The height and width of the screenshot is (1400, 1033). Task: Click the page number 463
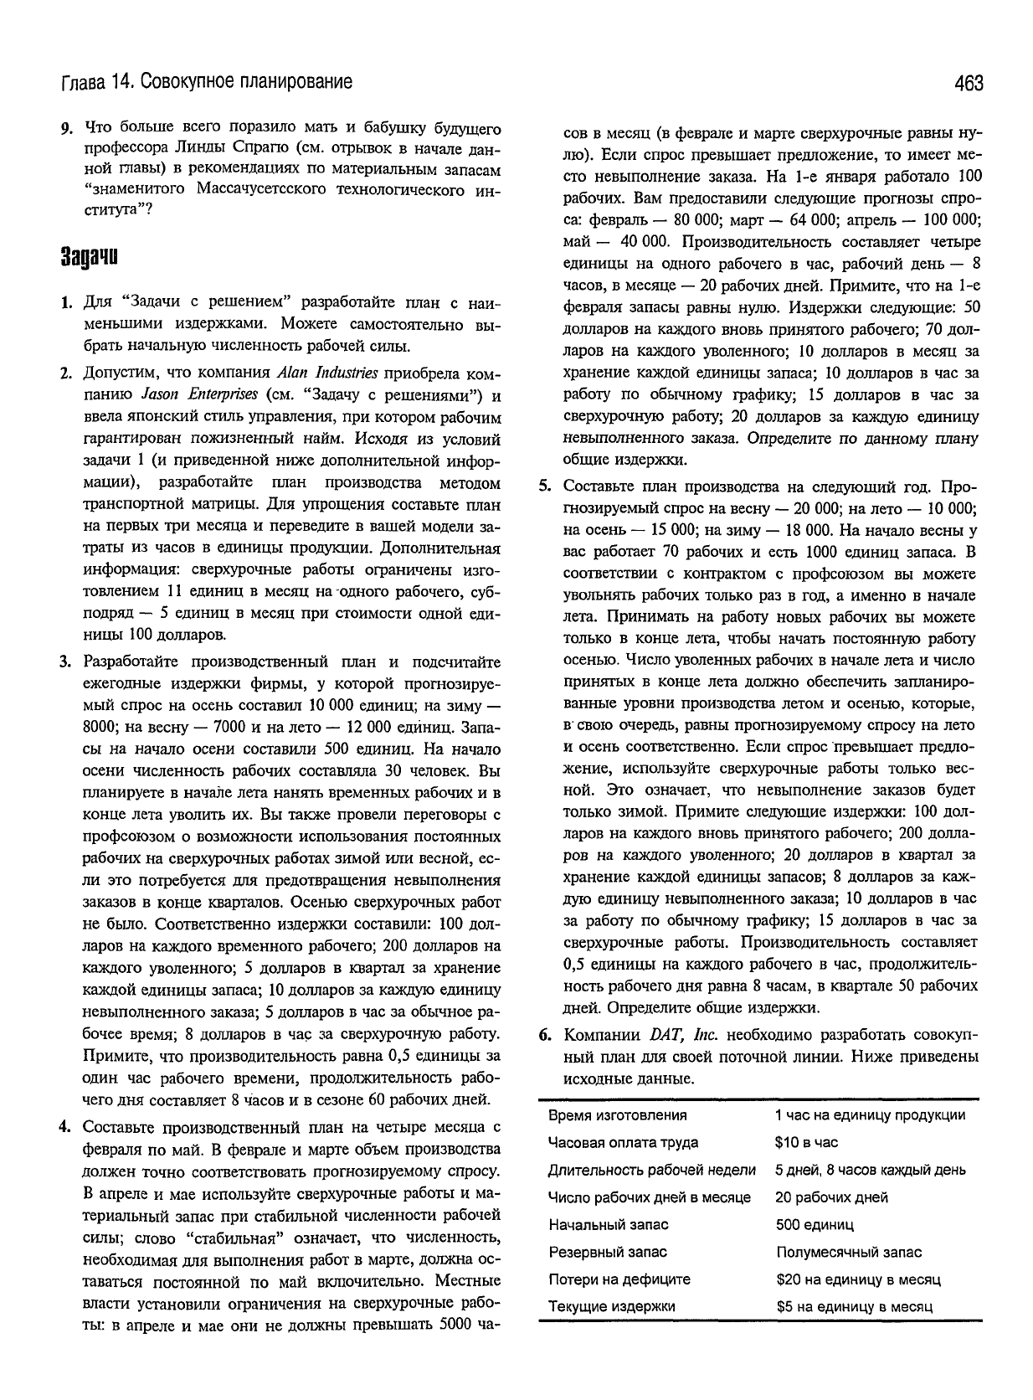click(967, 83)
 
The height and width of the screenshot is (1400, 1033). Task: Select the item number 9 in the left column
click(64, 129)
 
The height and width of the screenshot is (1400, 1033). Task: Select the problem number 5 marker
click(544, 487)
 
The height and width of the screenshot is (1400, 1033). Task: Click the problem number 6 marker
click(544, 1035)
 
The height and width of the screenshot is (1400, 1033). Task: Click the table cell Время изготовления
click(617, 1115)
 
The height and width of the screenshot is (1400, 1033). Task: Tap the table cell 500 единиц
click(815, 1225)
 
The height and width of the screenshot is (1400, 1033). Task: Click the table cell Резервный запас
click(608, 1253)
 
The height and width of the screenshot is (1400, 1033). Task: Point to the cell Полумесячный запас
click(848, 1253)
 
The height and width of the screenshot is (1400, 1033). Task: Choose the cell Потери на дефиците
click(619, 1279)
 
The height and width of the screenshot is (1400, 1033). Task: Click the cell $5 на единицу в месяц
click(854, 1307)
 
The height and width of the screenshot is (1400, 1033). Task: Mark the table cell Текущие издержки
click(611, 1307)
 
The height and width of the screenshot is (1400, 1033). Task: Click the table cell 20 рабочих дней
click(831, 1197)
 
